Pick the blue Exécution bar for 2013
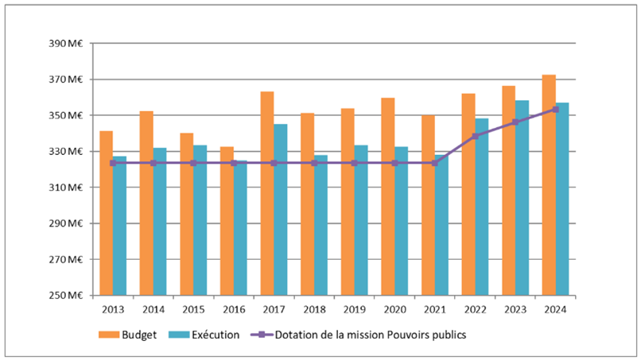pyautogui.click(x=119, y=230)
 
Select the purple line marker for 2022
pyautogui.click(x=475, y=136)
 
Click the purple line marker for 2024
pyautogui.click(x=555, y=109)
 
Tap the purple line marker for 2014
pyautogui.click(x=153, y=163)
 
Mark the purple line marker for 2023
pyautogui.click(x=515, y=122)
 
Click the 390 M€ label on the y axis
pyautogui.click(x=67, y=44)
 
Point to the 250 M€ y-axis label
pyautogui.click(x=67, y=296)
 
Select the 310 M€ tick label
pyautogui.click(x=67, y=188)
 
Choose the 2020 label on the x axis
pyautogui.click(x=394, y=310)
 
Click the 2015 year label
pyautogui.click(x=193, y=310)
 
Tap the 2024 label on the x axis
pyautogui.click(x=555, y=310)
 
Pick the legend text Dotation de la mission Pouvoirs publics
pyautogui.click(x=371, y=335)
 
